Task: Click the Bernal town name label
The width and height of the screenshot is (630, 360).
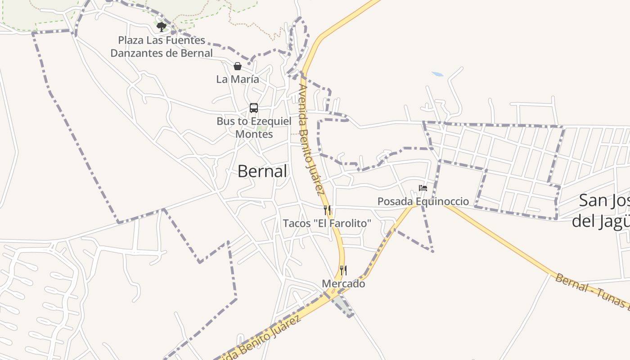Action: point(262,171)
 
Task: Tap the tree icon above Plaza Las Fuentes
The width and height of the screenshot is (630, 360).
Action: point(161,27)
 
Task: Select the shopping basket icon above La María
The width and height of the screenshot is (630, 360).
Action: point(237,67)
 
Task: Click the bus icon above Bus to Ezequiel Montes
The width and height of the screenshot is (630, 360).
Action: point(254,108)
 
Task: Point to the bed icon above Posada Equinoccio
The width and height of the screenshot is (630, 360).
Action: point(423,188)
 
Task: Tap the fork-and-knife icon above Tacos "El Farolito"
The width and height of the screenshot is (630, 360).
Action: point(327,210)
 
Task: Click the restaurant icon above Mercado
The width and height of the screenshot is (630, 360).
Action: point(343,270)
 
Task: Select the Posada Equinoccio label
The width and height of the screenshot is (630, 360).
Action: point(423,202)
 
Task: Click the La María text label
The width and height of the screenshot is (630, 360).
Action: point(238,80)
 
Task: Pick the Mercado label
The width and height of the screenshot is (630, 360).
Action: point(343,284)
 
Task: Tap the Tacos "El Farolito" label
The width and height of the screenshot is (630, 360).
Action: point(327,223)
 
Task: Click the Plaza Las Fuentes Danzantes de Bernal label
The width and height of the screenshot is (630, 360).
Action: point(162,47)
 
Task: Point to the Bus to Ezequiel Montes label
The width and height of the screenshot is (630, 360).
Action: point(254,128)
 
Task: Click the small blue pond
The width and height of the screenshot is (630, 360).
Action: point(437,74)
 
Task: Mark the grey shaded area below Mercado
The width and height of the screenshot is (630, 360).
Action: point(344,306)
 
